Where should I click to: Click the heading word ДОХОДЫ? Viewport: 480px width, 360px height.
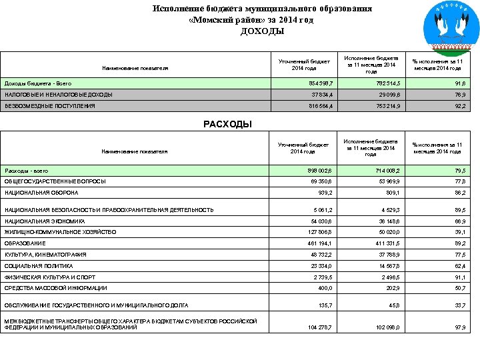tap(262, 31)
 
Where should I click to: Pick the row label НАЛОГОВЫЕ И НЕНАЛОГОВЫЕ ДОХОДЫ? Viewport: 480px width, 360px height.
tap(59, 95)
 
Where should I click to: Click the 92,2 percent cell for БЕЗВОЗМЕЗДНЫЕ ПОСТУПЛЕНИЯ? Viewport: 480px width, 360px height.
tap(458, 105)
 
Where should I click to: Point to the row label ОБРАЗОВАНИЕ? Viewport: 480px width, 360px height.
tap(23, 243)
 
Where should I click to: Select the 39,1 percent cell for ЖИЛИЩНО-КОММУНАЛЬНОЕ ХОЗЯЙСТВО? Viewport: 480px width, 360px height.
tap(458, 232)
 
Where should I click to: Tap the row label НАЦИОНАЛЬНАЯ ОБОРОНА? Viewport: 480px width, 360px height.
tap(41, 193)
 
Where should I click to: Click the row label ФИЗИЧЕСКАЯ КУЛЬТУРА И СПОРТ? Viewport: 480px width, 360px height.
tap(50, 277)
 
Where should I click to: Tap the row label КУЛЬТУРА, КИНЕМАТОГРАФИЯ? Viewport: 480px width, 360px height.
tap(45, 255)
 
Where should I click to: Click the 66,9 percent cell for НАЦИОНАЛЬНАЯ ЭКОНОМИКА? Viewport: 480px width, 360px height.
tap(458, 221)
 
